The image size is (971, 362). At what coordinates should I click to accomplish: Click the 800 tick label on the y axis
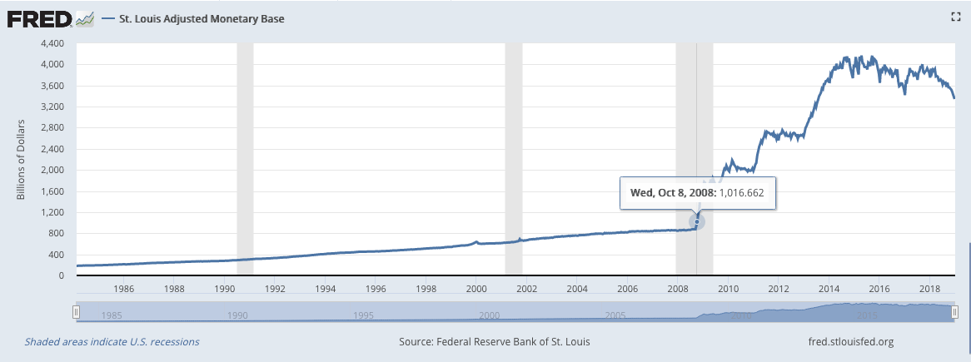(x=55, y=233)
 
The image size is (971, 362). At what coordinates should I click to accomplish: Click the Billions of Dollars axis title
(x=22, y=160)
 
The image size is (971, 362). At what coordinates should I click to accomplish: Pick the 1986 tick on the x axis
(x=124, y=289)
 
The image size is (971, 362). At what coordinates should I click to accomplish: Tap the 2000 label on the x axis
(x=476, y=289)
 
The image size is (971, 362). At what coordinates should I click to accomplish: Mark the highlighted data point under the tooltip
(x=697, y=221)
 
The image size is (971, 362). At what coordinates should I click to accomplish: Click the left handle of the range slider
(x=76, y=312)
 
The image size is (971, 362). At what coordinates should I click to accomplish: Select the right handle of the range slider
(x=954, y=312)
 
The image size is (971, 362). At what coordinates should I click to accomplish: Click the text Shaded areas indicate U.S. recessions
(x=112, y=341)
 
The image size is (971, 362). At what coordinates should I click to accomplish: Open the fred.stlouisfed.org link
(x=849, y=341)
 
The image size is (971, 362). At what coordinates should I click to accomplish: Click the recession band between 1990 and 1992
(x=245, y=158)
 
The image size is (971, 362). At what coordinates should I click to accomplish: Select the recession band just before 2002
(x=514, y=158)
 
